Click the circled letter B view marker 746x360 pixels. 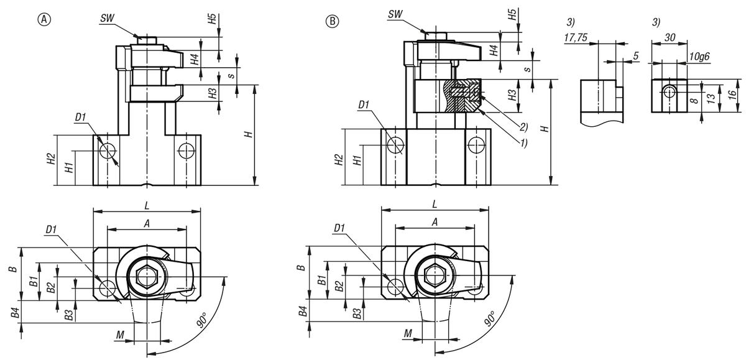pos(333,21)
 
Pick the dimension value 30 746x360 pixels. pos(669,37)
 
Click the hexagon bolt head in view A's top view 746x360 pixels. pos(144,275)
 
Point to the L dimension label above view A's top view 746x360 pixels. pos(147,203)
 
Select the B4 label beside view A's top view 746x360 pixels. pos(15,311)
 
